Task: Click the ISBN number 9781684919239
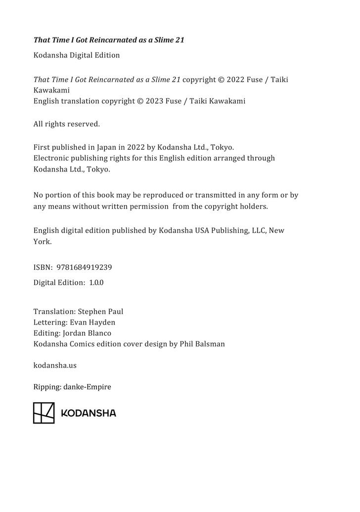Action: [84, 267]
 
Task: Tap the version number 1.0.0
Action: [96, 283]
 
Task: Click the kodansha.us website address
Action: [54, 366]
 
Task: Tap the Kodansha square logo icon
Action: [44, 413]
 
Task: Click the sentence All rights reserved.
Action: [66, 124]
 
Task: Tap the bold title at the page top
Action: [108, 40]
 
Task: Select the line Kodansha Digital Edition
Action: [76, 55]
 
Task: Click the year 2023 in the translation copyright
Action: [154, 101]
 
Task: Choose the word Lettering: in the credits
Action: [50, 322]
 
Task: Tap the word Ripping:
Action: [47, 387]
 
